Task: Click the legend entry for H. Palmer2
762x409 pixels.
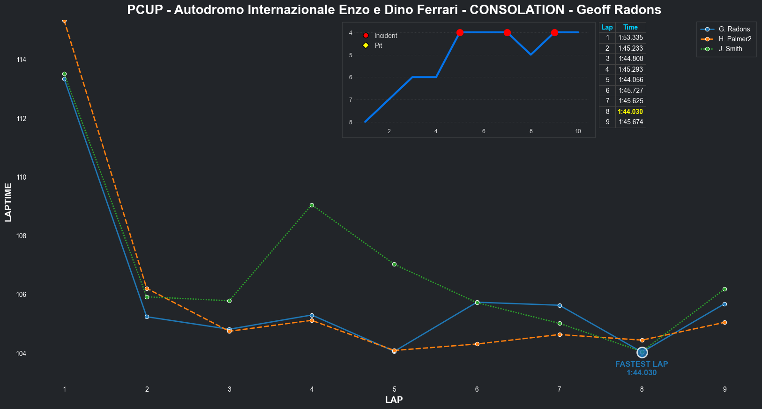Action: coord(735,39)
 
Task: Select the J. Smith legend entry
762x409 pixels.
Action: coord(730,49)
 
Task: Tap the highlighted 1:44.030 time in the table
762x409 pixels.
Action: coord(630,112)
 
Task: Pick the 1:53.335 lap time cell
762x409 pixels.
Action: coord(630,38)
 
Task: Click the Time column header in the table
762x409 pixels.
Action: coord(630,28)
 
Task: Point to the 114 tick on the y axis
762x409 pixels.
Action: coord(21,60)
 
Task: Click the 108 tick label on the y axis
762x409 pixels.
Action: coord(21,236)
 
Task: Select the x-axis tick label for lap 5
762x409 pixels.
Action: coord(395,389)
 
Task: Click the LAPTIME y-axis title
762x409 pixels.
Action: coord(8,203)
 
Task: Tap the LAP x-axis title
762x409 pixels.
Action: coord(394,400)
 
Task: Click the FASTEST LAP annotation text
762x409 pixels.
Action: coord(642,364)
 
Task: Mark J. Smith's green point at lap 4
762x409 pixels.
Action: coord(312,205)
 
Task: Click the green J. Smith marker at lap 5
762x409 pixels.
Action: coord(394,264)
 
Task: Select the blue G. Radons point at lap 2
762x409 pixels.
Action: coord(147,317)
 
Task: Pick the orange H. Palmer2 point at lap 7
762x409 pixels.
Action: coord(560,334)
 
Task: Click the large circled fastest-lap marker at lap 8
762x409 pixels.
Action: coord(642,352)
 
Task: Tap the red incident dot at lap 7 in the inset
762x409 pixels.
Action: coord(507,32)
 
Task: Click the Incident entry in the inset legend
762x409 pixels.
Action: coord(386,36)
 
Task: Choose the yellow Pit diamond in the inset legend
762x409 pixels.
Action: coord(366,45)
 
